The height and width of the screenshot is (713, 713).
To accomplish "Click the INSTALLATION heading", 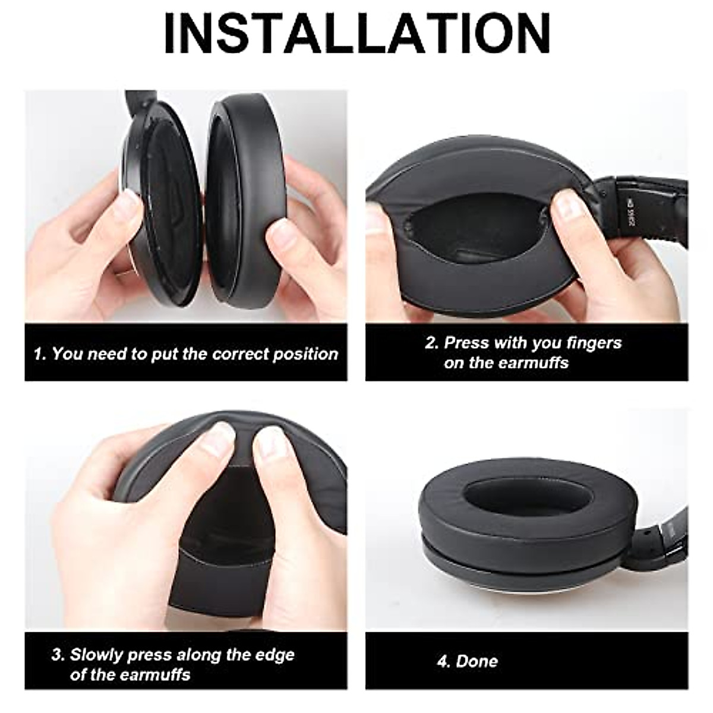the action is pyautogui.click(x=356, y=34).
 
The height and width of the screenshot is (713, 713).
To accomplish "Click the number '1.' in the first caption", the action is pyautogui.click(x=40, y=355).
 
